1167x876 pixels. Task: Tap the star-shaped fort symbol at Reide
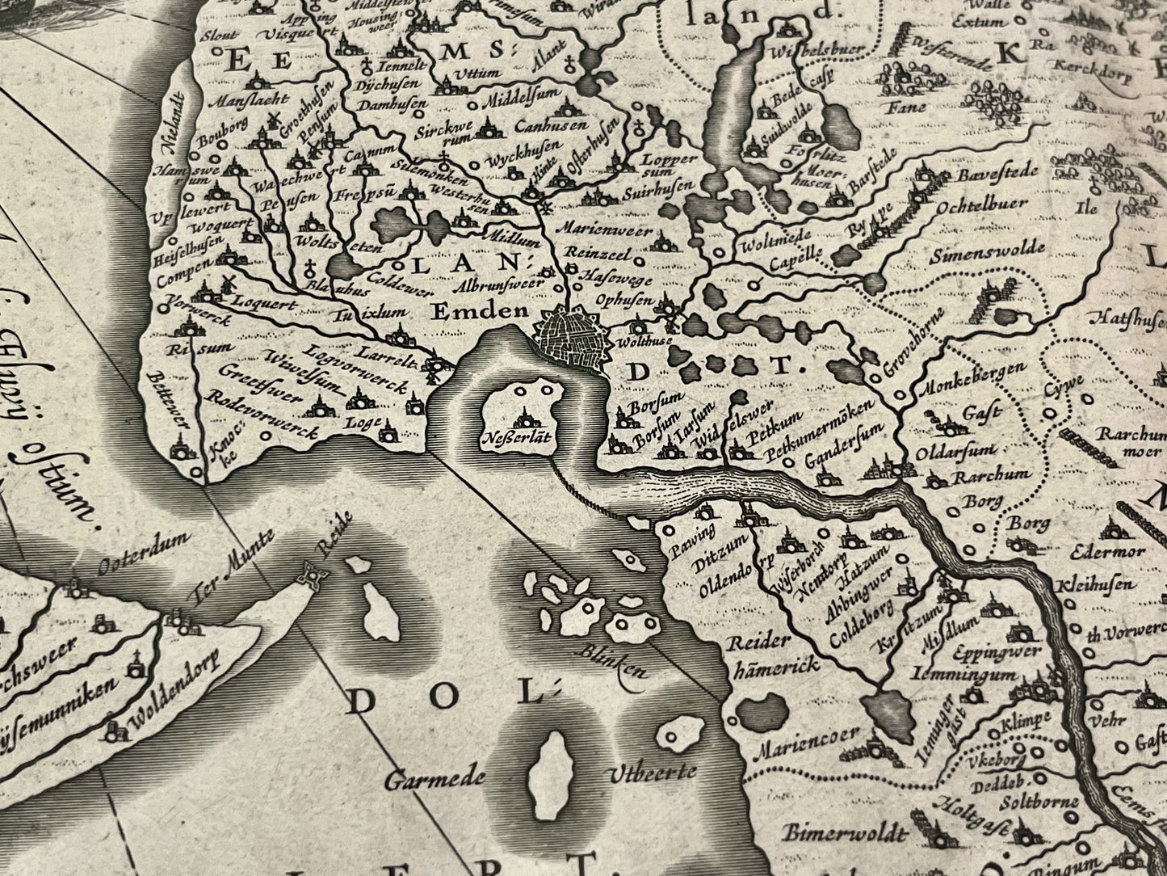(x=310, y=575)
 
